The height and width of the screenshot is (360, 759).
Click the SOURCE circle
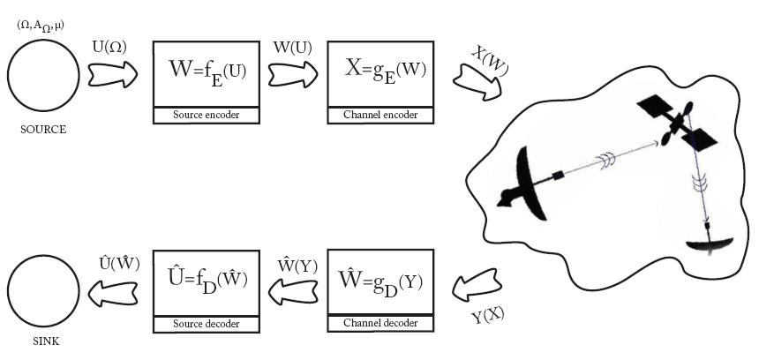click(x=41, y=77)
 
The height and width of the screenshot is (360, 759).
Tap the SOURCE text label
click(x=42, y=129)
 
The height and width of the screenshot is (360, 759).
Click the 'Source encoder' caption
click(x=207, y=115)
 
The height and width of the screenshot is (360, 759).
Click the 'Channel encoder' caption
click(x=384, y=115)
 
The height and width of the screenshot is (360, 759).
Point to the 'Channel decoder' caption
click(x=384, y=323)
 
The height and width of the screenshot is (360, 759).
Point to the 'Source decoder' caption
click(x=207, y=325)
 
